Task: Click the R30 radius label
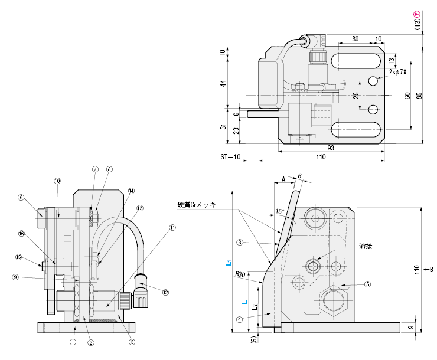tap(240, 274)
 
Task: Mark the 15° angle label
tap(279, 211)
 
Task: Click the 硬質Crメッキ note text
tap(197, 205)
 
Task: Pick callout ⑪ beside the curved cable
tap(172, 227)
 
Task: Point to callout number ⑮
tap(18, 257)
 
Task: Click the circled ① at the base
tap(73, 341)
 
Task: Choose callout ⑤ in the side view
tap(367, 284)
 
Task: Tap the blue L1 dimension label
tap(229, 264)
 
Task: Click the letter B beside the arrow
tap(431, 270)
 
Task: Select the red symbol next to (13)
tap(416, 14)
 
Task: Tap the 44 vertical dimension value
tap(223, 83)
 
